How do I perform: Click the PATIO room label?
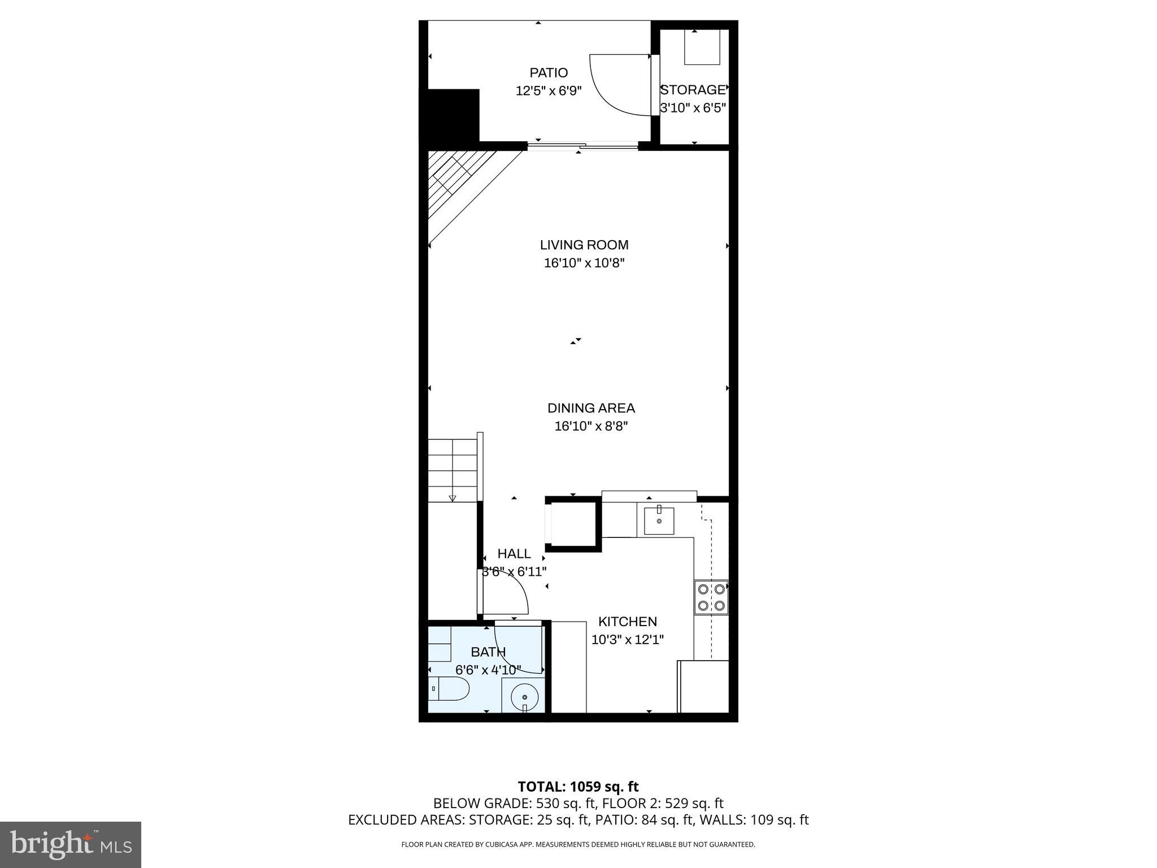pos(548,73)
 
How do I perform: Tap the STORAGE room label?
pos(693,90)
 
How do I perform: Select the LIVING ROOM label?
pos(584,245)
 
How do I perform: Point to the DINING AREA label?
pos(591,408)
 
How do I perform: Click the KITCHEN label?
pos(627,622)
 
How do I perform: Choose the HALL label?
pos(514,554)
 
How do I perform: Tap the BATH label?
pos(488,652)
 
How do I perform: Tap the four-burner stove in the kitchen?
pos(711,597)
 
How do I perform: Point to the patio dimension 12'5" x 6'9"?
pos(548,91)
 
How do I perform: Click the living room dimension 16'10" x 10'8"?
pos(584,263)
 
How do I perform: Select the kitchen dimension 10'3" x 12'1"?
pos(627,640)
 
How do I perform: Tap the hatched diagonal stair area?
pos(458,181)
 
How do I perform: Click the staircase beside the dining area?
pos(453,470)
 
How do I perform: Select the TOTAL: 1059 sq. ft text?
pos(578,787)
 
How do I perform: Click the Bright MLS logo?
pos(70,844)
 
